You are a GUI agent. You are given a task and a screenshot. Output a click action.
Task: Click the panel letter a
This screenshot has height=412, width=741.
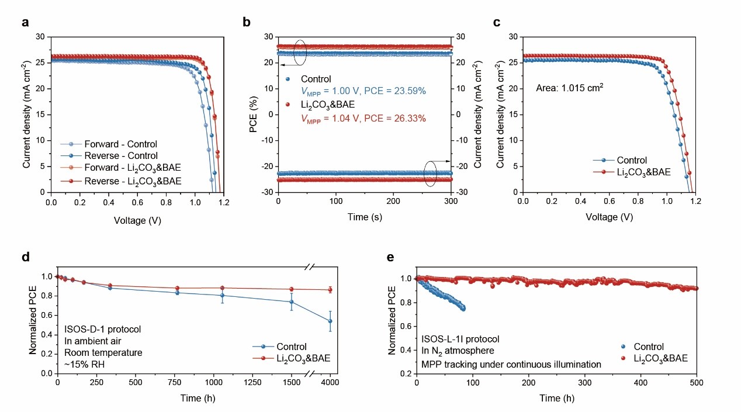pos(25,23)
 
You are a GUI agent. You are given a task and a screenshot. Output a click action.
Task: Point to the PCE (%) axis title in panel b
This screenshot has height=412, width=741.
pos(254,115)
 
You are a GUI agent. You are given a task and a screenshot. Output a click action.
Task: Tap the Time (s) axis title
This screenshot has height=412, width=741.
pos(365,217)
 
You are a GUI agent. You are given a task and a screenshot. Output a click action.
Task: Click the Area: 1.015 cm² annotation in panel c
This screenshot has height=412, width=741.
pos(569,88)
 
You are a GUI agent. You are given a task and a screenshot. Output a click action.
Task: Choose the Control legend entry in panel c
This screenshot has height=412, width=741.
pos(626,161)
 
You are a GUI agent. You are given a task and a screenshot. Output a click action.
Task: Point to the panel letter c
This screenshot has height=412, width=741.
pos(497,23)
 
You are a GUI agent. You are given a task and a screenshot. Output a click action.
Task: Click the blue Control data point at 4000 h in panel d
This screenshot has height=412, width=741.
pos(330,321)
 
